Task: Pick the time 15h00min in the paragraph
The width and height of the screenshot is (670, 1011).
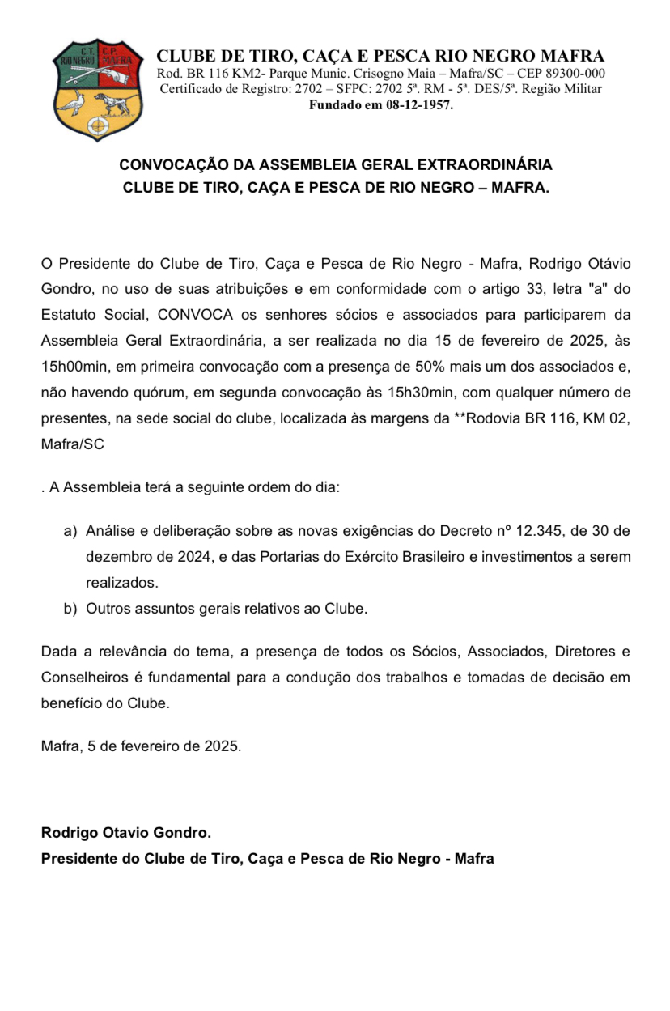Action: [74, 366]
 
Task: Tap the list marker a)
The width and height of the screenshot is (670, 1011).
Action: [70, 531]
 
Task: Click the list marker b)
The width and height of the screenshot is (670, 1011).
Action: [70, 609]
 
